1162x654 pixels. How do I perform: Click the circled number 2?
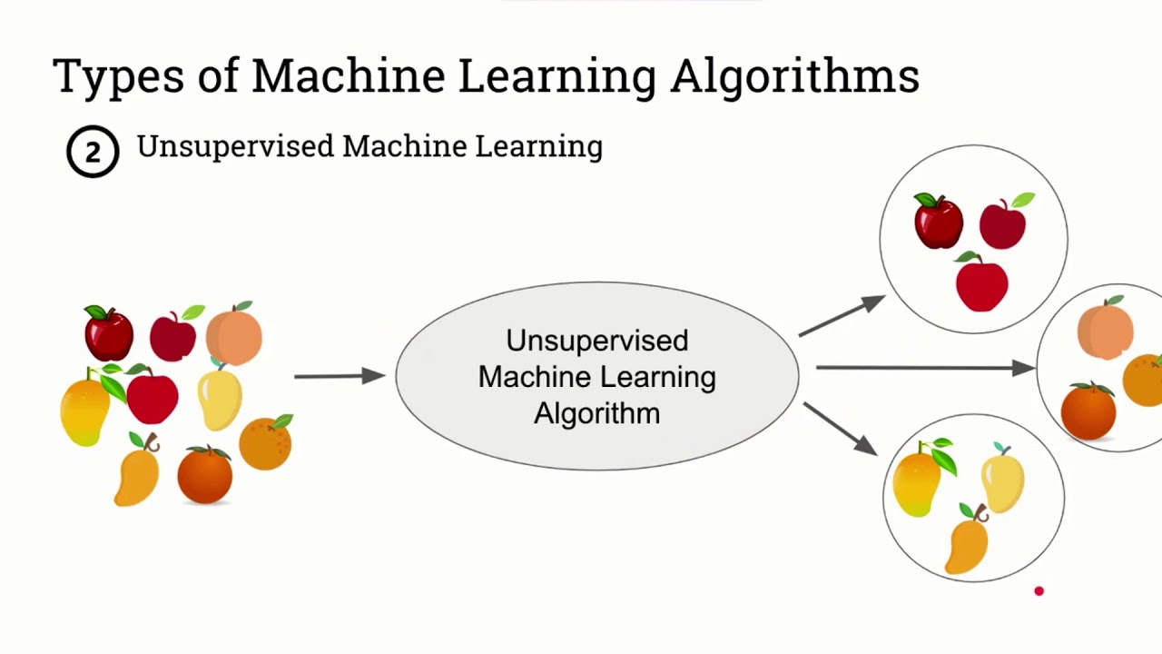click(93, 152)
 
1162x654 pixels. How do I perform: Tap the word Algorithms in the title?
click(794, 77)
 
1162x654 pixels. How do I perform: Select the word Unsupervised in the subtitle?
click(235, 146)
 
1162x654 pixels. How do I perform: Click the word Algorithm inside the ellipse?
click(596, 413)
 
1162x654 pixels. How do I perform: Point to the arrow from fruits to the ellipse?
click(339, 375)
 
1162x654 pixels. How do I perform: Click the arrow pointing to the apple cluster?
click(841, 315)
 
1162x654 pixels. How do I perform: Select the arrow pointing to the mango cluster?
click(839, 429)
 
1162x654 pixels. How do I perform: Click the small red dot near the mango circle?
click(1039, 591)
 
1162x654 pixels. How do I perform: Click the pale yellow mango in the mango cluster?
click(1002, 481)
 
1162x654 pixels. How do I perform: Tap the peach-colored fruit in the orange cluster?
click(1105, 330)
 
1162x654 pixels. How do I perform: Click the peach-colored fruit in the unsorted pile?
click(234, 334)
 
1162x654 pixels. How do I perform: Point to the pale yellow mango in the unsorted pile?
click(220, 398)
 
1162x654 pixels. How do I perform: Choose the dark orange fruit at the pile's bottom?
click(204, 474)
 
